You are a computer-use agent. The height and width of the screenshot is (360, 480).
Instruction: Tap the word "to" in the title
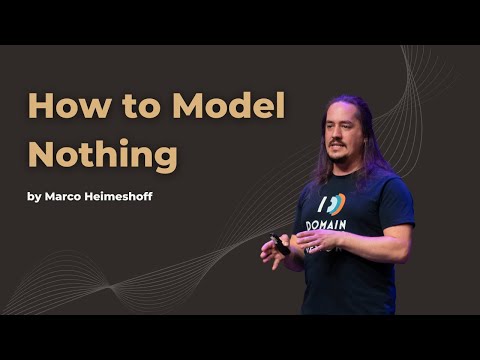127,106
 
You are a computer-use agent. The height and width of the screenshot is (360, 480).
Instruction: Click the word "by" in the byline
36,196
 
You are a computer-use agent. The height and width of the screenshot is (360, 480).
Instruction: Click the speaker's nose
338,136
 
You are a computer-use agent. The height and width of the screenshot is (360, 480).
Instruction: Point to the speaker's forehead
338,114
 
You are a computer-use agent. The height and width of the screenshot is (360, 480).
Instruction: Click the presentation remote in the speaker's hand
280,243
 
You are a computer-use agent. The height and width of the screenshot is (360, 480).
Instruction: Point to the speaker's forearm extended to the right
385,243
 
